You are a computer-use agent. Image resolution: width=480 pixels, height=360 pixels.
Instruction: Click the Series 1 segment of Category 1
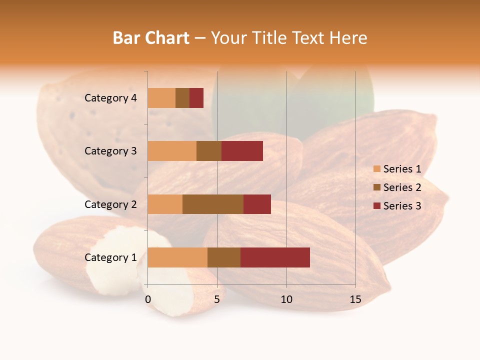click(177, 257)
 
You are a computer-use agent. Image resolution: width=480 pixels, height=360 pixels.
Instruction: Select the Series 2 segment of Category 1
click(223, 257)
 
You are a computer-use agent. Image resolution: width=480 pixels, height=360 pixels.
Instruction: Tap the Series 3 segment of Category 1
click(275, 257)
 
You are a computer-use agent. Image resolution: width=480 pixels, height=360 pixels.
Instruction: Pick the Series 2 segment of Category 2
click(213, 204)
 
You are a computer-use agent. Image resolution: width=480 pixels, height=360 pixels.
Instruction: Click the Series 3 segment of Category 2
click(257, 204)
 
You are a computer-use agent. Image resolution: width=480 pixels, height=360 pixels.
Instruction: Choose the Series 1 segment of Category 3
click(172, 151)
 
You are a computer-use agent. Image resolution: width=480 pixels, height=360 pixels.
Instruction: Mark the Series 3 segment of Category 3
click(242, 151)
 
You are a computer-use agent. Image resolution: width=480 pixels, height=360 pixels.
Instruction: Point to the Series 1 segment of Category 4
click(161, 98)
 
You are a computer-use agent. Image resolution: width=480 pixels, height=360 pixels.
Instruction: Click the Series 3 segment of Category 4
click(196, 98)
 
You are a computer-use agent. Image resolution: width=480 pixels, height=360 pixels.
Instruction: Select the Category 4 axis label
click(110, 98)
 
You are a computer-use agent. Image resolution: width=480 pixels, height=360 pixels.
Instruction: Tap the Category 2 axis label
click(110, 204)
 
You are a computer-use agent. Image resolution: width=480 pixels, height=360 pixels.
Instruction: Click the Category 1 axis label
click(110, 257)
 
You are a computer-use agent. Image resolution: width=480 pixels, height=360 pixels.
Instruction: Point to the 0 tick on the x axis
click(148, 299)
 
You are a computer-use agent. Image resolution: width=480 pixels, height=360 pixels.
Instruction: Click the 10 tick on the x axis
click(286, 299)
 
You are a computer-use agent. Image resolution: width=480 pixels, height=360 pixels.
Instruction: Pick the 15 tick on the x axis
click(355, 299)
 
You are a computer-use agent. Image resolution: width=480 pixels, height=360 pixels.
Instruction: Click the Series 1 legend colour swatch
click(376, 169)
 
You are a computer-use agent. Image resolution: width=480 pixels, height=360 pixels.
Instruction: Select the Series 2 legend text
click(402, 187)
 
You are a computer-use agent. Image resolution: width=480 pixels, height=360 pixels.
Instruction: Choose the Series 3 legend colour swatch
click(376, 206)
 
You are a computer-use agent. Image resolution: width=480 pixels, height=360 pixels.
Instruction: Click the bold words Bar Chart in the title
click(150, 38)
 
